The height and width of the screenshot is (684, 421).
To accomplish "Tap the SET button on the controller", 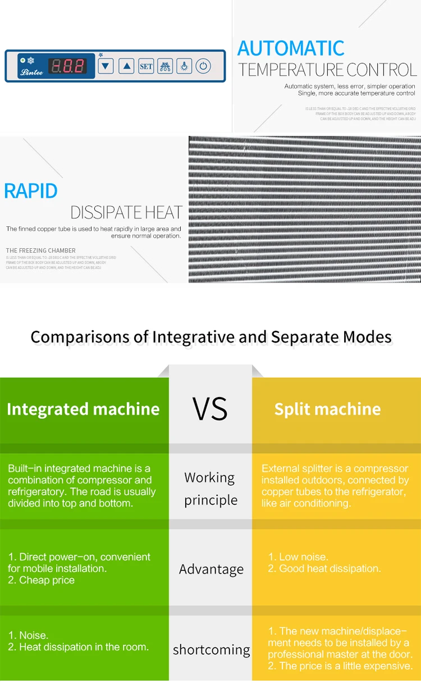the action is click(x=146, y=66).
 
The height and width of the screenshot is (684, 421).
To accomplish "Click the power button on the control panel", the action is click(x=203, y=66).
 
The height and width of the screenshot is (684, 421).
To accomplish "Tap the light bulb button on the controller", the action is click(x=184, y=66).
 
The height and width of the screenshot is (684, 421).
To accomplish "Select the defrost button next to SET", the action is click(x=165, y=66).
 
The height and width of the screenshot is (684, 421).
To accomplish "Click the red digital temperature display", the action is click(x=67, y=66).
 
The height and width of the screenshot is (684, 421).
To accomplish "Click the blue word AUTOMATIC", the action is click(x=291, y=48).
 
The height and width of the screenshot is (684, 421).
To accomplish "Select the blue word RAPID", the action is click(x=31, y=191).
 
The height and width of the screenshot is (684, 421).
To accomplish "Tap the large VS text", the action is click(x=210, y=408).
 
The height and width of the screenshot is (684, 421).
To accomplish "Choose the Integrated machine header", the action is click(x=83, y=409).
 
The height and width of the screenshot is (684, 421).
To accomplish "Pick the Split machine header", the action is click(x=327, y=409).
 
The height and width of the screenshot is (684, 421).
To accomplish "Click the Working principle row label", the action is click(x=210, y=489).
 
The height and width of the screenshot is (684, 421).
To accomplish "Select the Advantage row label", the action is click(x=211, y=569).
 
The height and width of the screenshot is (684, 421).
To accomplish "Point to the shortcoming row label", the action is click(x=211, y=650).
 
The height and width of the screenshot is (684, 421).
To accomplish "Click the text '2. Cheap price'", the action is click(x=42, y=580).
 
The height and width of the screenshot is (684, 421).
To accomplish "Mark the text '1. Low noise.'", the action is click(x=298, y=557).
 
